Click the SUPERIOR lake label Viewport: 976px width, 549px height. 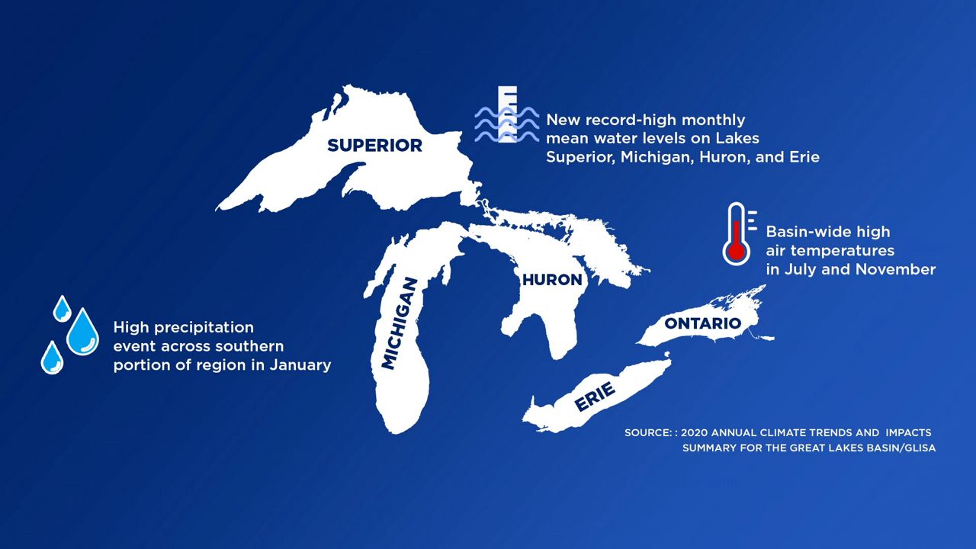374,146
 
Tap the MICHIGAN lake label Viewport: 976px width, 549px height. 400,324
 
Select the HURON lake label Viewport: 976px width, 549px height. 552,280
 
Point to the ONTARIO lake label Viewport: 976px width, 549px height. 702,323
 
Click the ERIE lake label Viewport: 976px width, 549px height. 595,396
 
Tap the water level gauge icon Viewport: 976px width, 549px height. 507,114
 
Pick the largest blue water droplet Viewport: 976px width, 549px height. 82,332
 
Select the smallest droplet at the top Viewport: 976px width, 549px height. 62,309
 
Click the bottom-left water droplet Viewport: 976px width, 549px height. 52,358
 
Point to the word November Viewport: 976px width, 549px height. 895,269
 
